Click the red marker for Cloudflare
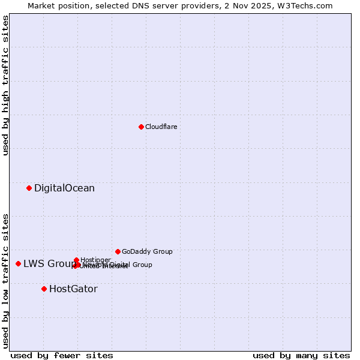pos(141,127)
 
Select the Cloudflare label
pos(161,127)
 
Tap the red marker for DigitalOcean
pos(29,188)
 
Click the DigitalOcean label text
pos(64,188)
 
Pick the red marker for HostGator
pos(44,289)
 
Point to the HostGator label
pos(73,289)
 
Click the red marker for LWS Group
pos(18,263)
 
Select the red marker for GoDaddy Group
pos(118,251)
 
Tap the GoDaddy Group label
pos(147,252)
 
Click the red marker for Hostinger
pos(76,260)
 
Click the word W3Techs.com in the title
pos(309,5)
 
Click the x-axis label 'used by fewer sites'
pos(62,355)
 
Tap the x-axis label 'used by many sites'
pos(301,355)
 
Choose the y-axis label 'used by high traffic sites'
pos(6,85)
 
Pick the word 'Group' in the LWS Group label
pos(63,264)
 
